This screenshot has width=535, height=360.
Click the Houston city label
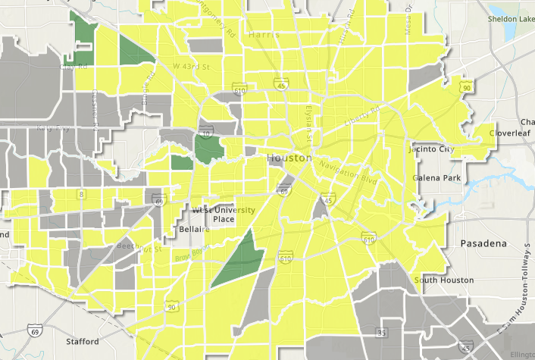[x=289, y=158]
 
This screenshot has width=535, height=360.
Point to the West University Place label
[x=214, y=214]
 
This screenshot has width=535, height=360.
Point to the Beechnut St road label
[x=139, y=248]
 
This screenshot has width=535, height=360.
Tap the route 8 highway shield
[x=81, y=195]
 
